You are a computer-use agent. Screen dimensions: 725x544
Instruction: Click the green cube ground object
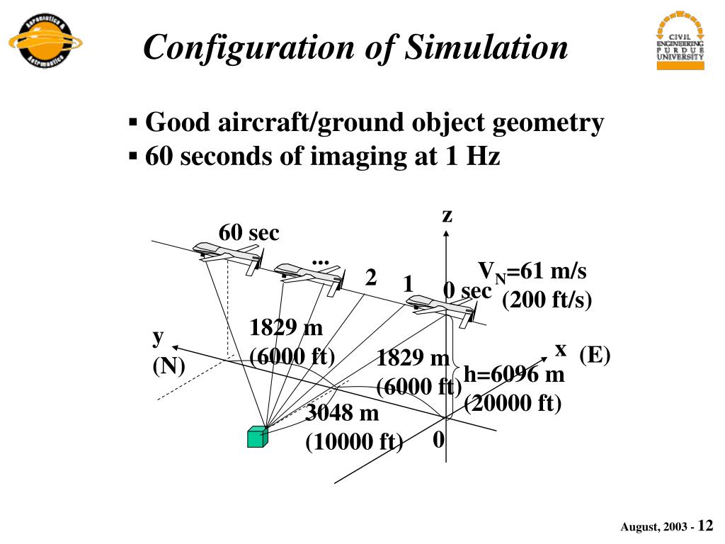click(257, 437)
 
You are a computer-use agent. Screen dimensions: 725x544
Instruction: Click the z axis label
click(447, 215)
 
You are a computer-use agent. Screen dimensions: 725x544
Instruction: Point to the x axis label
click(561, 349)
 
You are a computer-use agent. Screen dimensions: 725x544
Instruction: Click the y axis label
click(158, 337)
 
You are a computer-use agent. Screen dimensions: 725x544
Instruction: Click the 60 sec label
click(249, 232)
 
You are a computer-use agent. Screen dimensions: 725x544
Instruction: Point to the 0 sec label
click(467, 290)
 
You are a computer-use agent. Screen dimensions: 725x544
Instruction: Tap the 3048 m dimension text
click(342, 412)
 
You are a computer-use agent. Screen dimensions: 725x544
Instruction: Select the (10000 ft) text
click(353, 442)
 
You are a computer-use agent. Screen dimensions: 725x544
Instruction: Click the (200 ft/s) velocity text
click(546, 300)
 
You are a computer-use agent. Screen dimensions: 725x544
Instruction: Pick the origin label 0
click(438, 440)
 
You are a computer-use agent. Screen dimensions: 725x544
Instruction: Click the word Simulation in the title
click(487, 47)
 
